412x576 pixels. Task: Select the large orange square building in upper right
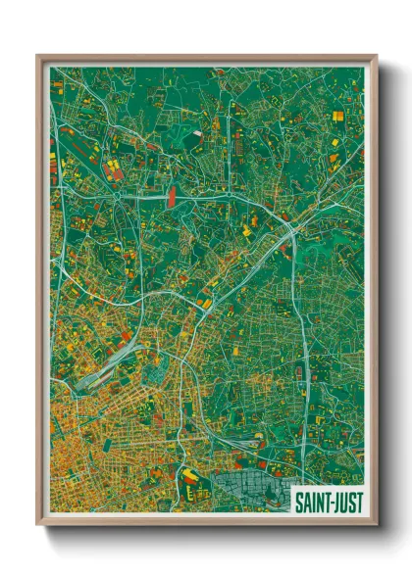click(338, 117)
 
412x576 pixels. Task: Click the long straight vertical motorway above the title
click(305, 392)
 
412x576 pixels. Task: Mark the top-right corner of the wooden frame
click(376, 57)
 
